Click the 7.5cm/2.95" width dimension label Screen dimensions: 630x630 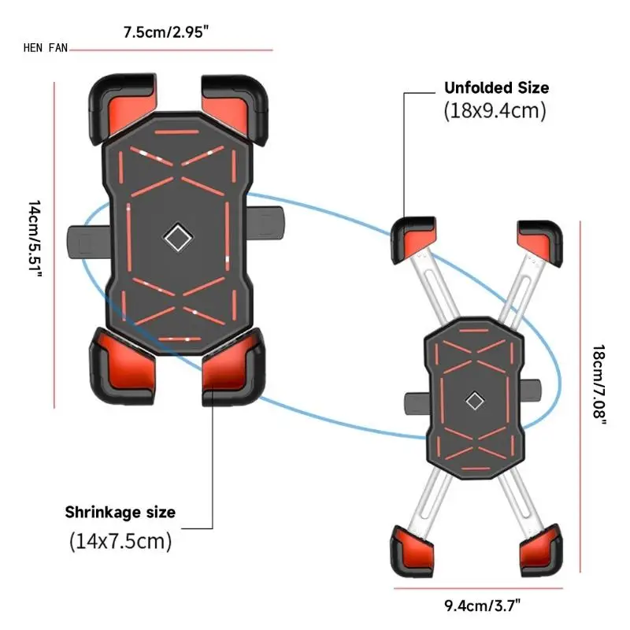pos(165,33)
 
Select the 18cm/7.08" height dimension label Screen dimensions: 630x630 pos(600,385)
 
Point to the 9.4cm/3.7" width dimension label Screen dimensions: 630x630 pos(482,606)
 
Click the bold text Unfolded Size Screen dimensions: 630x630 pos(496,87)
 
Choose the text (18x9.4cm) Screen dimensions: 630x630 pos(495,110)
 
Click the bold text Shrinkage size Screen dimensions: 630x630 pos(120,513)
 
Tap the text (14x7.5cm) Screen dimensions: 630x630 pos(120,542)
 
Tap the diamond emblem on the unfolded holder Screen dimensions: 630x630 pos(474,401)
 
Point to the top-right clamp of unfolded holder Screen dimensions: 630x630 pos(540,240)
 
